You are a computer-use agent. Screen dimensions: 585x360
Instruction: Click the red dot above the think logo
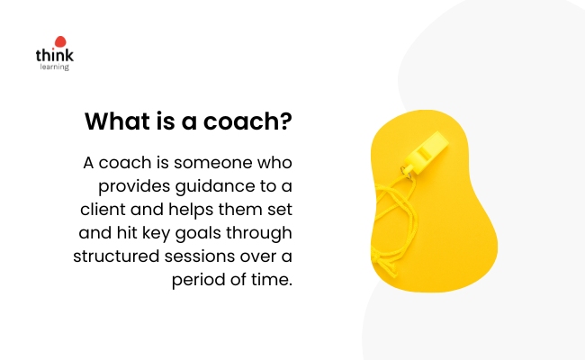pyautogui.click(x=60, y=41)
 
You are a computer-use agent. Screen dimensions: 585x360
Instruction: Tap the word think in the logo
pyautogui.click(x=55, y=55)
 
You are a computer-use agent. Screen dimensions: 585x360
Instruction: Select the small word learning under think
pyautogui.click(x=55, y=67)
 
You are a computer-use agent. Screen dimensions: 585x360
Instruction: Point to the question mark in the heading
pyautogui.click(x=286, y=121)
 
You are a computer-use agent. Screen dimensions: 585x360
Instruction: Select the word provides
pyautogui.click(x=134, y=186)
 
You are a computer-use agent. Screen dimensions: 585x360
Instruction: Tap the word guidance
pyautogui.click(x=212, y=186)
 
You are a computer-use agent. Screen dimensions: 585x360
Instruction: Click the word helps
pyautogui.click(x=191, y=210)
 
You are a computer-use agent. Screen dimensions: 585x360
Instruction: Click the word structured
pyautogui.click(x=116, y=256)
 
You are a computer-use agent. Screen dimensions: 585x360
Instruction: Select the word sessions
pyautogui.click(x=200, y=256)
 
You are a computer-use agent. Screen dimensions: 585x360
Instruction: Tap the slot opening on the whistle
pyautogui.click(x=424, y=153)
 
